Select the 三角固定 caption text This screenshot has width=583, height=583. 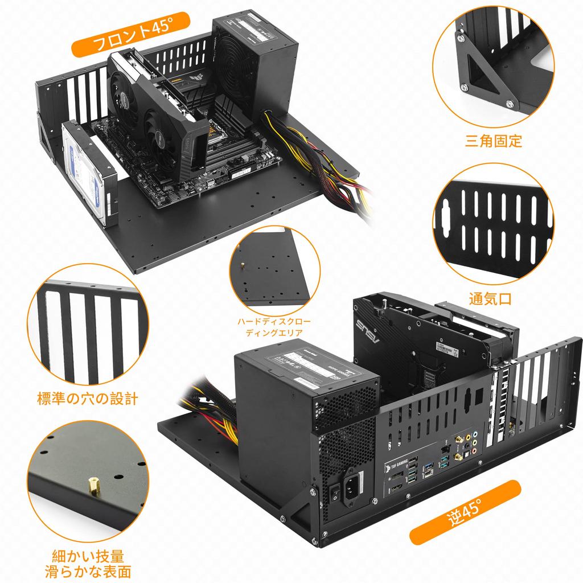click(x=494, y=141)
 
